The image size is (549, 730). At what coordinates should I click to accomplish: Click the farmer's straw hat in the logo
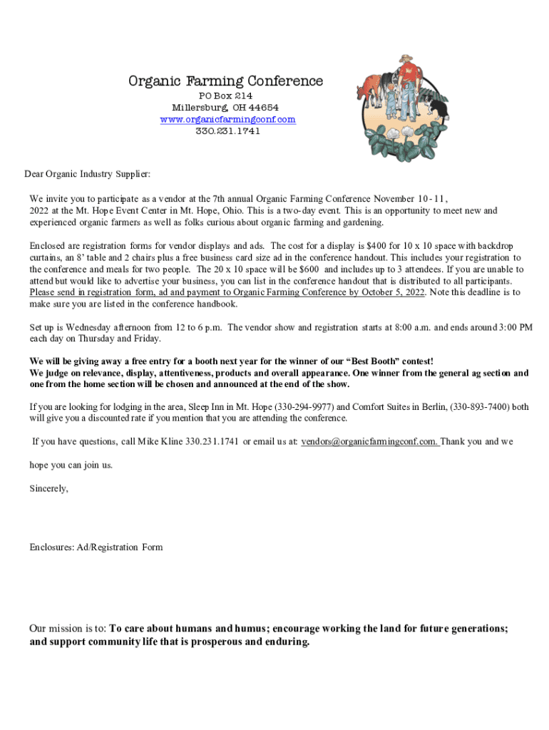click(x=406, y=58)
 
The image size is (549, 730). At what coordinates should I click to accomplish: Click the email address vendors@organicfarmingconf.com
click(x=369, y=442)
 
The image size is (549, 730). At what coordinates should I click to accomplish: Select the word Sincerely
click(x=49, y=489)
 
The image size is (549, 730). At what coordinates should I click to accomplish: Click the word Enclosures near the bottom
click(x=53, y=547)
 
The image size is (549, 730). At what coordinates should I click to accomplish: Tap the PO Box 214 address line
click(x=225, y=96)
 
